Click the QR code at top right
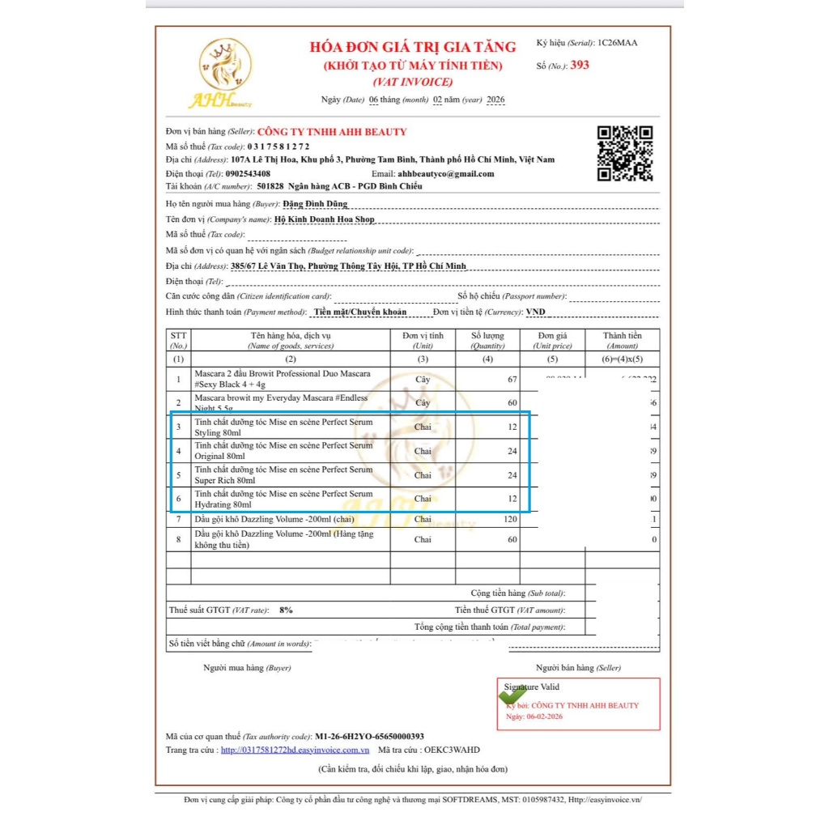click(x=624, y=153)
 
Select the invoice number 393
click(x=580, y=65)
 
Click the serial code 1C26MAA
click(x=616, y=42)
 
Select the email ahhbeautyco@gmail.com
click(x=445, y=173)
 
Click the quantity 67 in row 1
click(x=512, y=379)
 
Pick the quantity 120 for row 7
click(x=509, y=519)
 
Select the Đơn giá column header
click(x=553, y=340)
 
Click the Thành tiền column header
click(x=622, y=340)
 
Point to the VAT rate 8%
click(x=286, y=610)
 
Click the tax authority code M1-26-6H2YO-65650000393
click(x=369, y=736)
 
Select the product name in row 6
click(x=283, y=499)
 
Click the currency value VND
click(x=535, y=311)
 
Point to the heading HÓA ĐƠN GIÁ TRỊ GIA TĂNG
click(x=406, y=46)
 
